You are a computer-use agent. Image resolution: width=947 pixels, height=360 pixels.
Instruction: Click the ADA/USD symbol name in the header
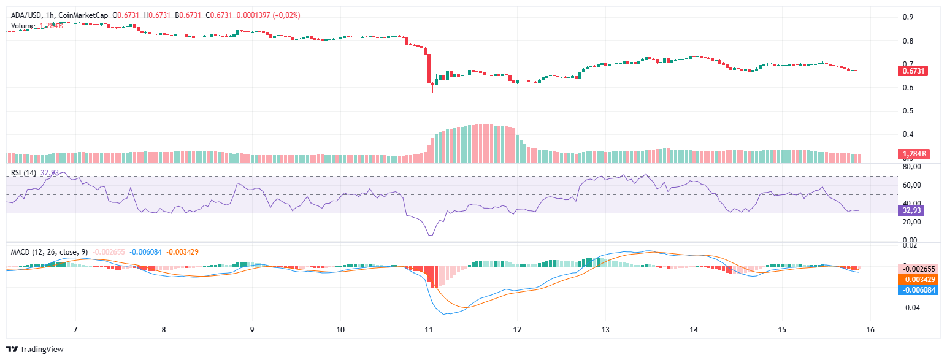[x=25, y=15]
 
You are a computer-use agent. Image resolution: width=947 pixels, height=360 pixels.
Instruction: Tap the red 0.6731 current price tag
[x=913, y=71]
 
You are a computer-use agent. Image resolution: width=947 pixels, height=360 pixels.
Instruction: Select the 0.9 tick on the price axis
[x=908, y=17]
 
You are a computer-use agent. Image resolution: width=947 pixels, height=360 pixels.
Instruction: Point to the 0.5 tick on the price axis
[x=908, y=111]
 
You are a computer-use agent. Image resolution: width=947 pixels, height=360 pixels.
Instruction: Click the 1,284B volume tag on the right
[x=913, y=154]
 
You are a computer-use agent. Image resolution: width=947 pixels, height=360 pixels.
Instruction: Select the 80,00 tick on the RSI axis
[x=913, y=167]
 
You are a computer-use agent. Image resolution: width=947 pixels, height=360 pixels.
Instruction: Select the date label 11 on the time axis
[x=429, y=330]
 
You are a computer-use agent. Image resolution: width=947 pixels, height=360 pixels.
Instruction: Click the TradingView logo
[x=35, y=349]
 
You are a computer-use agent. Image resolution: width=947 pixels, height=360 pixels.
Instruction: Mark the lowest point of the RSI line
[x=430, y=235]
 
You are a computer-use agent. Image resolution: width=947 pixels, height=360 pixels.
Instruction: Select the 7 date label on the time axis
[x=75, y=330]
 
